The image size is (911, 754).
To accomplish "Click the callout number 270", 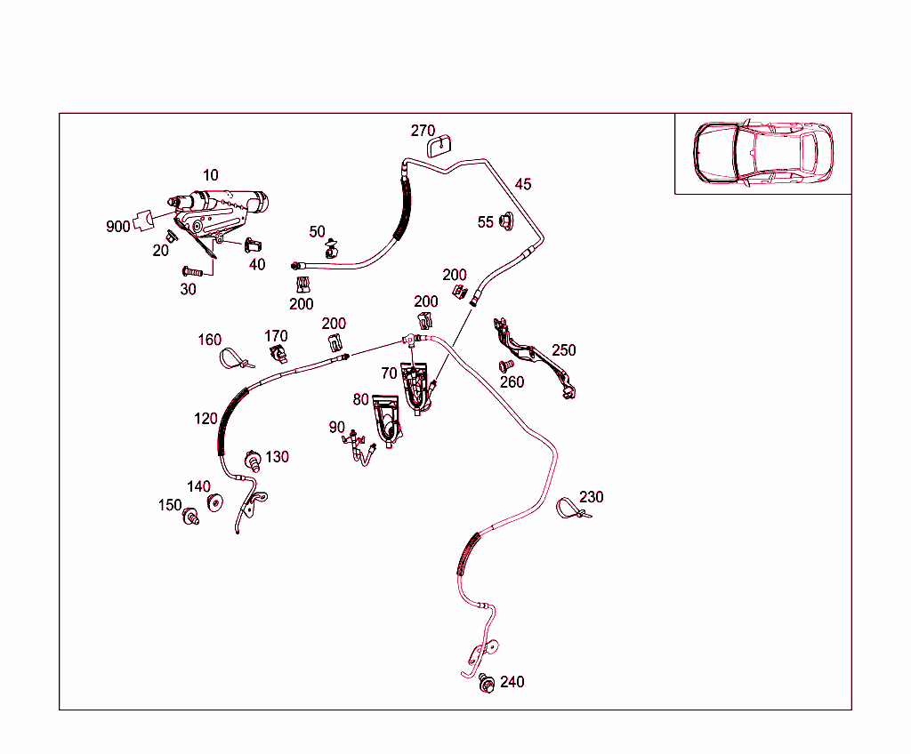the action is coord(423,131).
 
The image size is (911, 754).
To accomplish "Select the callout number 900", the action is coord(118,227).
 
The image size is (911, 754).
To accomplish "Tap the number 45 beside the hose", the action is coord(523,184).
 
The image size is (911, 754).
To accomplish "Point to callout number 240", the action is coord(512,682).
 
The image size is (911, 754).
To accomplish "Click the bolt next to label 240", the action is coord(487,683).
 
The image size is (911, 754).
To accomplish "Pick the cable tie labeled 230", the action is coord(573,509).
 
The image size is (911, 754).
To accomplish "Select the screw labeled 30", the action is coord(192,271).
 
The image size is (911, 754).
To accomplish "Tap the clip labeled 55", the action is coord(506,221).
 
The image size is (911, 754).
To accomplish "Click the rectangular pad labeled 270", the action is coord(439,146).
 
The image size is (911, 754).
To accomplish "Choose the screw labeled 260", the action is coord(505,366).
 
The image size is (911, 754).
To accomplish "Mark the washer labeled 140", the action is coord(215,502).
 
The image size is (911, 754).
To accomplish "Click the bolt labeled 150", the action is coord(190,516).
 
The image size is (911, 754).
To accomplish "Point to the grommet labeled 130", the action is coord(253,461).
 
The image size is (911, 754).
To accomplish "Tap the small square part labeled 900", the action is coord(143,221).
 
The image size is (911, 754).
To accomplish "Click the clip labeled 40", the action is coord(252,245).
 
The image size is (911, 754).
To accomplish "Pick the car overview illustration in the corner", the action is coord(762,153).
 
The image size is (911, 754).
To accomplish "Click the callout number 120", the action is coord(206,419).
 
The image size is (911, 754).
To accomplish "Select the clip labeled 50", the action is coord(332,249).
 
